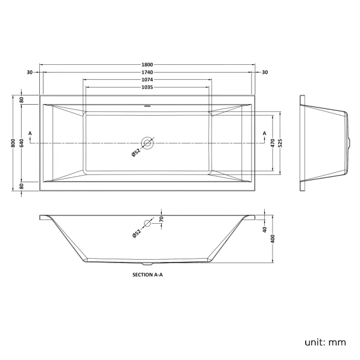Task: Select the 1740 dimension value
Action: click(x=147, y=72)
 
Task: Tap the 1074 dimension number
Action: click(x=147, y=80)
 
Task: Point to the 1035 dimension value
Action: click(x=147, y=88)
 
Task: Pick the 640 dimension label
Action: click(x=22, y=143)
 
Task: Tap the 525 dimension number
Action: click(x=280, y=143)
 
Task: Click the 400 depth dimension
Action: click(x=272, y=238)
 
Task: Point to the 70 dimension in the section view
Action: click(x=162, y=219)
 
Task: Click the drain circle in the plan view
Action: click(x=147, y=143)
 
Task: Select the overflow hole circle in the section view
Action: click(x=147, y=224)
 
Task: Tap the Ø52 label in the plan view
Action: click(x=136, y=153)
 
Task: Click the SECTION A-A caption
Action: click(x=147, y=274)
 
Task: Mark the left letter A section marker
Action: click(x=29, y=133)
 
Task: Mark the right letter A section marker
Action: click(x=264, y=133)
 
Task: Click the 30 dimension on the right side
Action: click(x=264, y=72)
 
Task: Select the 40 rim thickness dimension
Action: click(x=265, y=229)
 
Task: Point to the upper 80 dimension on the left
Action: click(x=22, y=100)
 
